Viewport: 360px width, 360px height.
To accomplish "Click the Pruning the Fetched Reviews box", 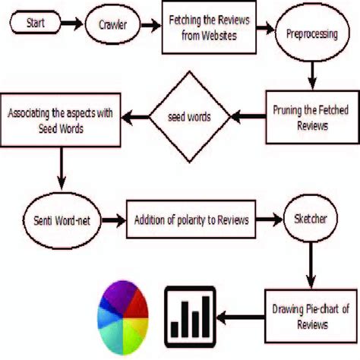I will point(300,118).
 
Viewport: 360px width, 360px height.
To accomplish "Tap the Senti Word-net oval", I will point(61,220).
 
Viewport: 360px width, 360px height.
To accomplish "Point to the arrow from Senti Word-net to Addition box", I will point(112,220).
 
